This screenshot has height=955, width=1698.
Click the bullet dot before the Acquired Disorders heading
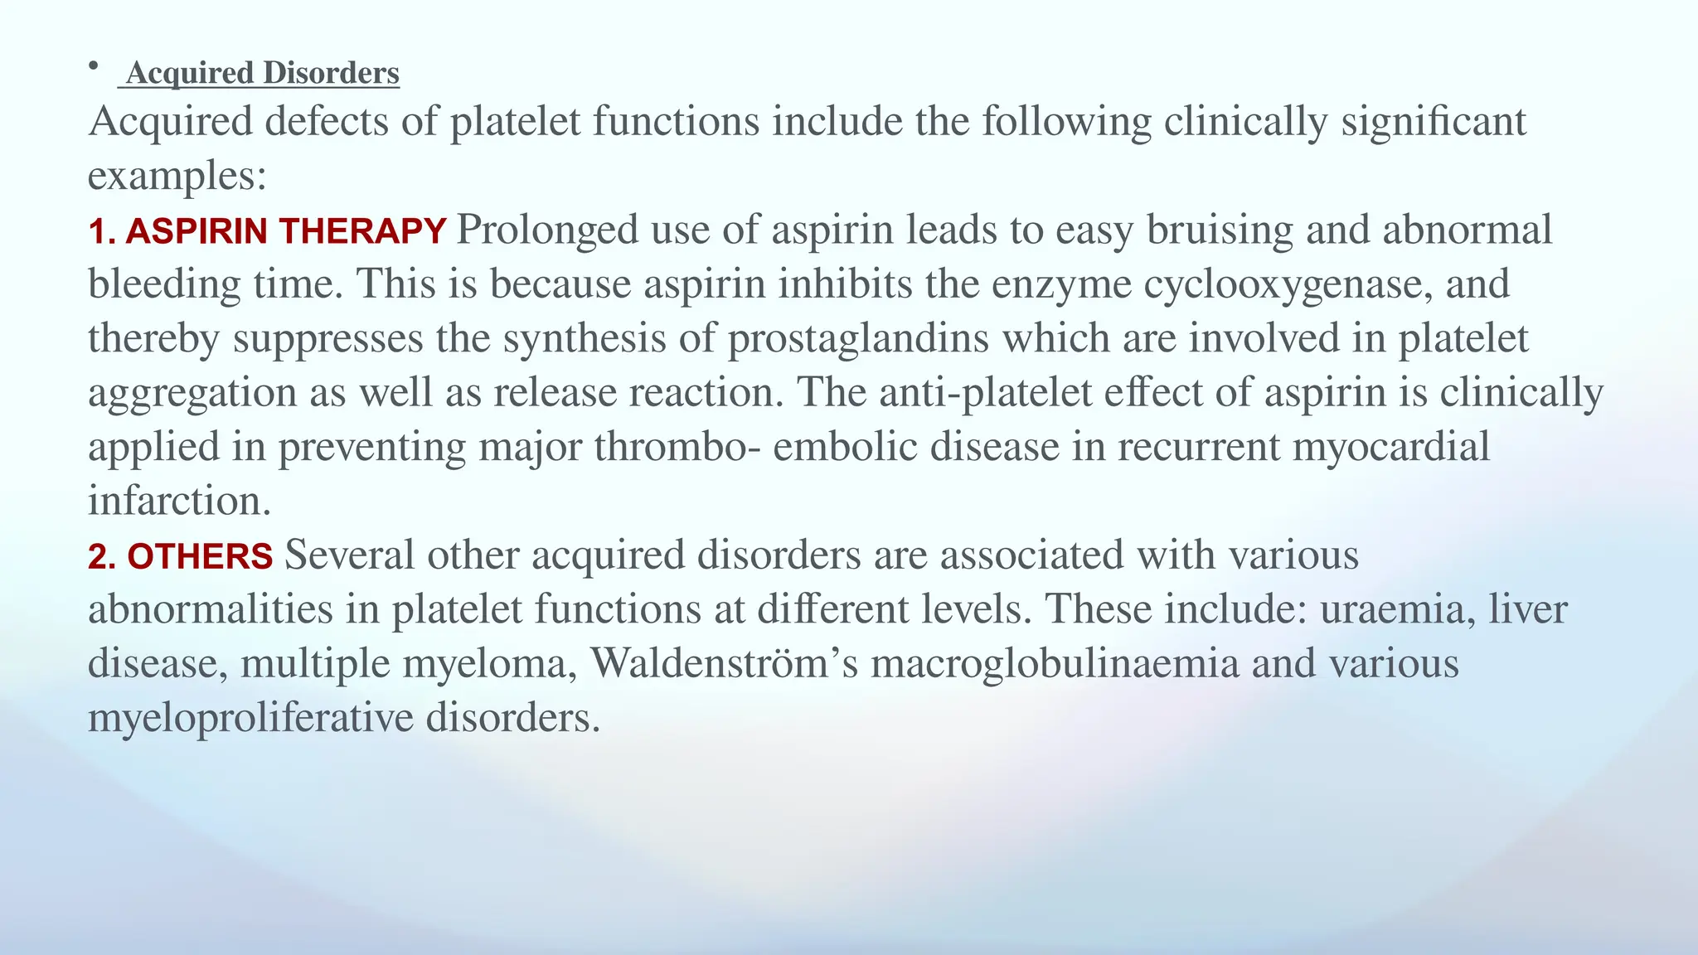95,65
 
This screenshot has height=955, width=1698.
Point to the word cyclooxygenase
1288,284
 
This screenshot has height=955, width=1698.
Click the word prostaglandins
858,339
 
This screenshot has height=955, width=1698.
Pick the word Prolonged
547,230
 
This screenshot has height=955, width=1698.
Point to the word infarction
179,501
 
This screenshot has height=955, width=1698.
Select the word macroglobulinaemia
1054,663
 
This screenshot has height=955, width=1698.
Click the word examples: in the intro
177,176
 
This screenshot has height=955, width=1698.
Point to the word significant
1434,122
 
